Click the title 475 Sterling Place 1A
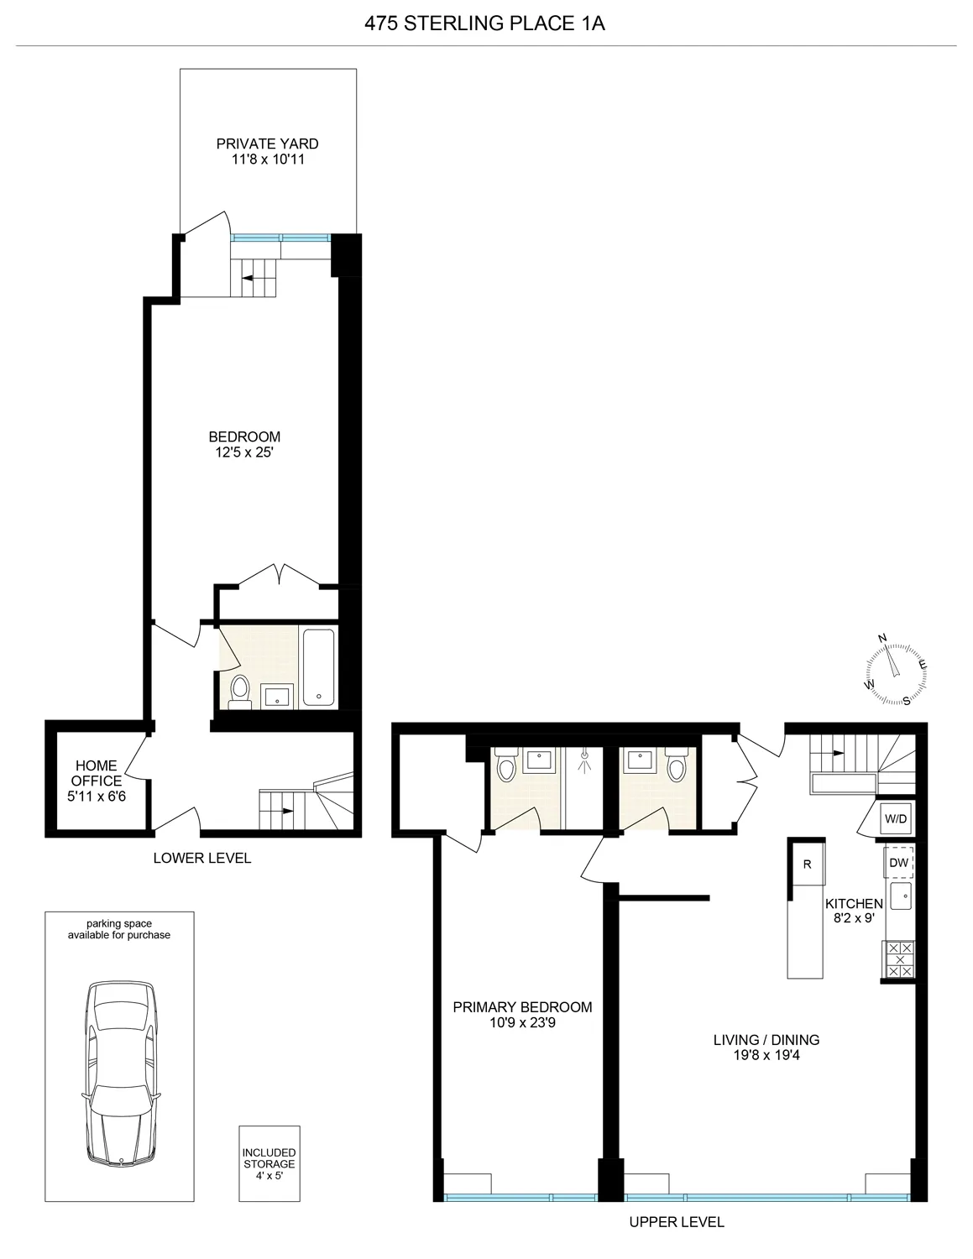tap(485, 24)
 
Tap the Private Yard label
tap(267, 144)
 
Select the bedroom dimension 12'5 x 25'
tap(244, 452)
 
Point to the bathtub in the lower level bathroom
tap(319, 667)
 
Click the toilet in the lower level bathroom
tap(240, 690)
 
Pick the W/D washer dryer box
tap(896, 818)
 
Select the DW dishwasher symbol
tap(899, 863)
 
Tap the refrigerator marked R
tap(808, 865)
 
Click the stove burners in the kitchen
tap(900, 959)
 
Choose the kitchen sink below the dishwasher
tap(901, 896)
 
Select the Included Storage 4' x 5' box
tap(269, 1164)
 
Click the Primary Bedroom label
tap(522, 1007)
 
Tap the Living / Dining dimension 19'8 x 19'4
tap(766, 1055)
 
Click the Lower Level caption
tap(202, 858)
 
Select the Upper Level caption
tap(677, 1222)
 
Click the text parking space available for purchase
tap(119, 929)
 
